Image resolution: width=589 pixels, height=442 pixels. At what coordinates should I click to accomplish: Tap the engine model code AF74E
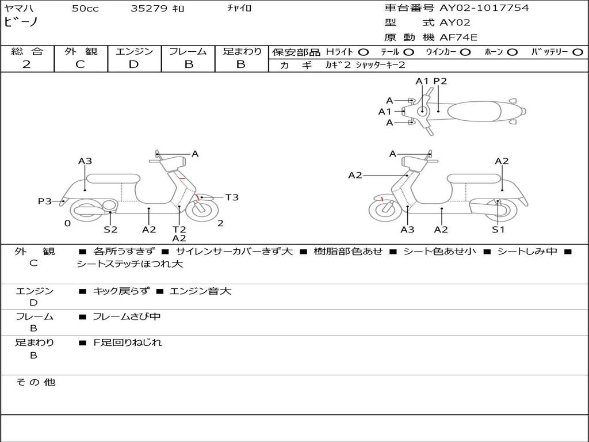click(x=459, y=37)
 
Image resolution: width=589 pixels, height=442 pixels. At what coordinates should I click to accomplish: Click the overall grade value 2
click(x=26, y=64)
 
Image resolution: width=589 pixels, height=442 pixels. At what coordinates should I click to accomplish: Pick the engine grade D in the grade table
click(x=134, y=64)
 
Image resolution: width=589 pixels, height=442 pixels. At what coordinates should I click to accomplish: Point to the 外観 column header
click(x=81, y=51)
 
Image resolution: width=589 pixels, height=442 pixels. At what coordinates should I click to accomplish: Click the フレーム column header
click(x=188, y=51)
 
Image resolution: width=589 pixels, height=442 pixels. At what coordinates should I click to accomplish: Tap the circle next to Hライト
click(x=364, y=52)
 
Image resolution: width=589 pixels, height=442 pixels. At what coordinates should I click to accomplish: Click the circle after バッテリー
click(x=577, y=52)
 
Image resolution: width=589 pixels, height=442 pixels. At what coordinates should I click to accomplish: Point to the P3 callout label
click(x=45, y=201)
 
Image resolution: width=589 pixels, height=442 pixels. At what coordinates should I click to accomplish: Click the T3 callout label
click(x=231, y=197)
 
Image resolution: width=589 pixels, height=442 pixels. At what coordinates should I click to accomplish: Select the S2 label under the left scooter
click(x=110, y=230)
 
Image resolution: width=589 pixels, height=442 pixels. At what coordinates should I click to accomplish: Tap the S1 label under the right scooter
click(x=498, y=230)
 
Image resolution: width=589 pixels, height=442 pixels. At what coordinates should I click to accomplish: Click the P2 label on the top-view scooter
click(x=440, y=81)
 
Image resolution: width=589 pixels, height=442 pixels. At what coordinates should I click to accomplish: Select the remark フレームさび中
click(x=127, y=317)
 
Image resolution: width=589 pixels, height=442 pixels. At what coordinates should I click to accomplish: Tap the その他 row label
click(x=35, y=382)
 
